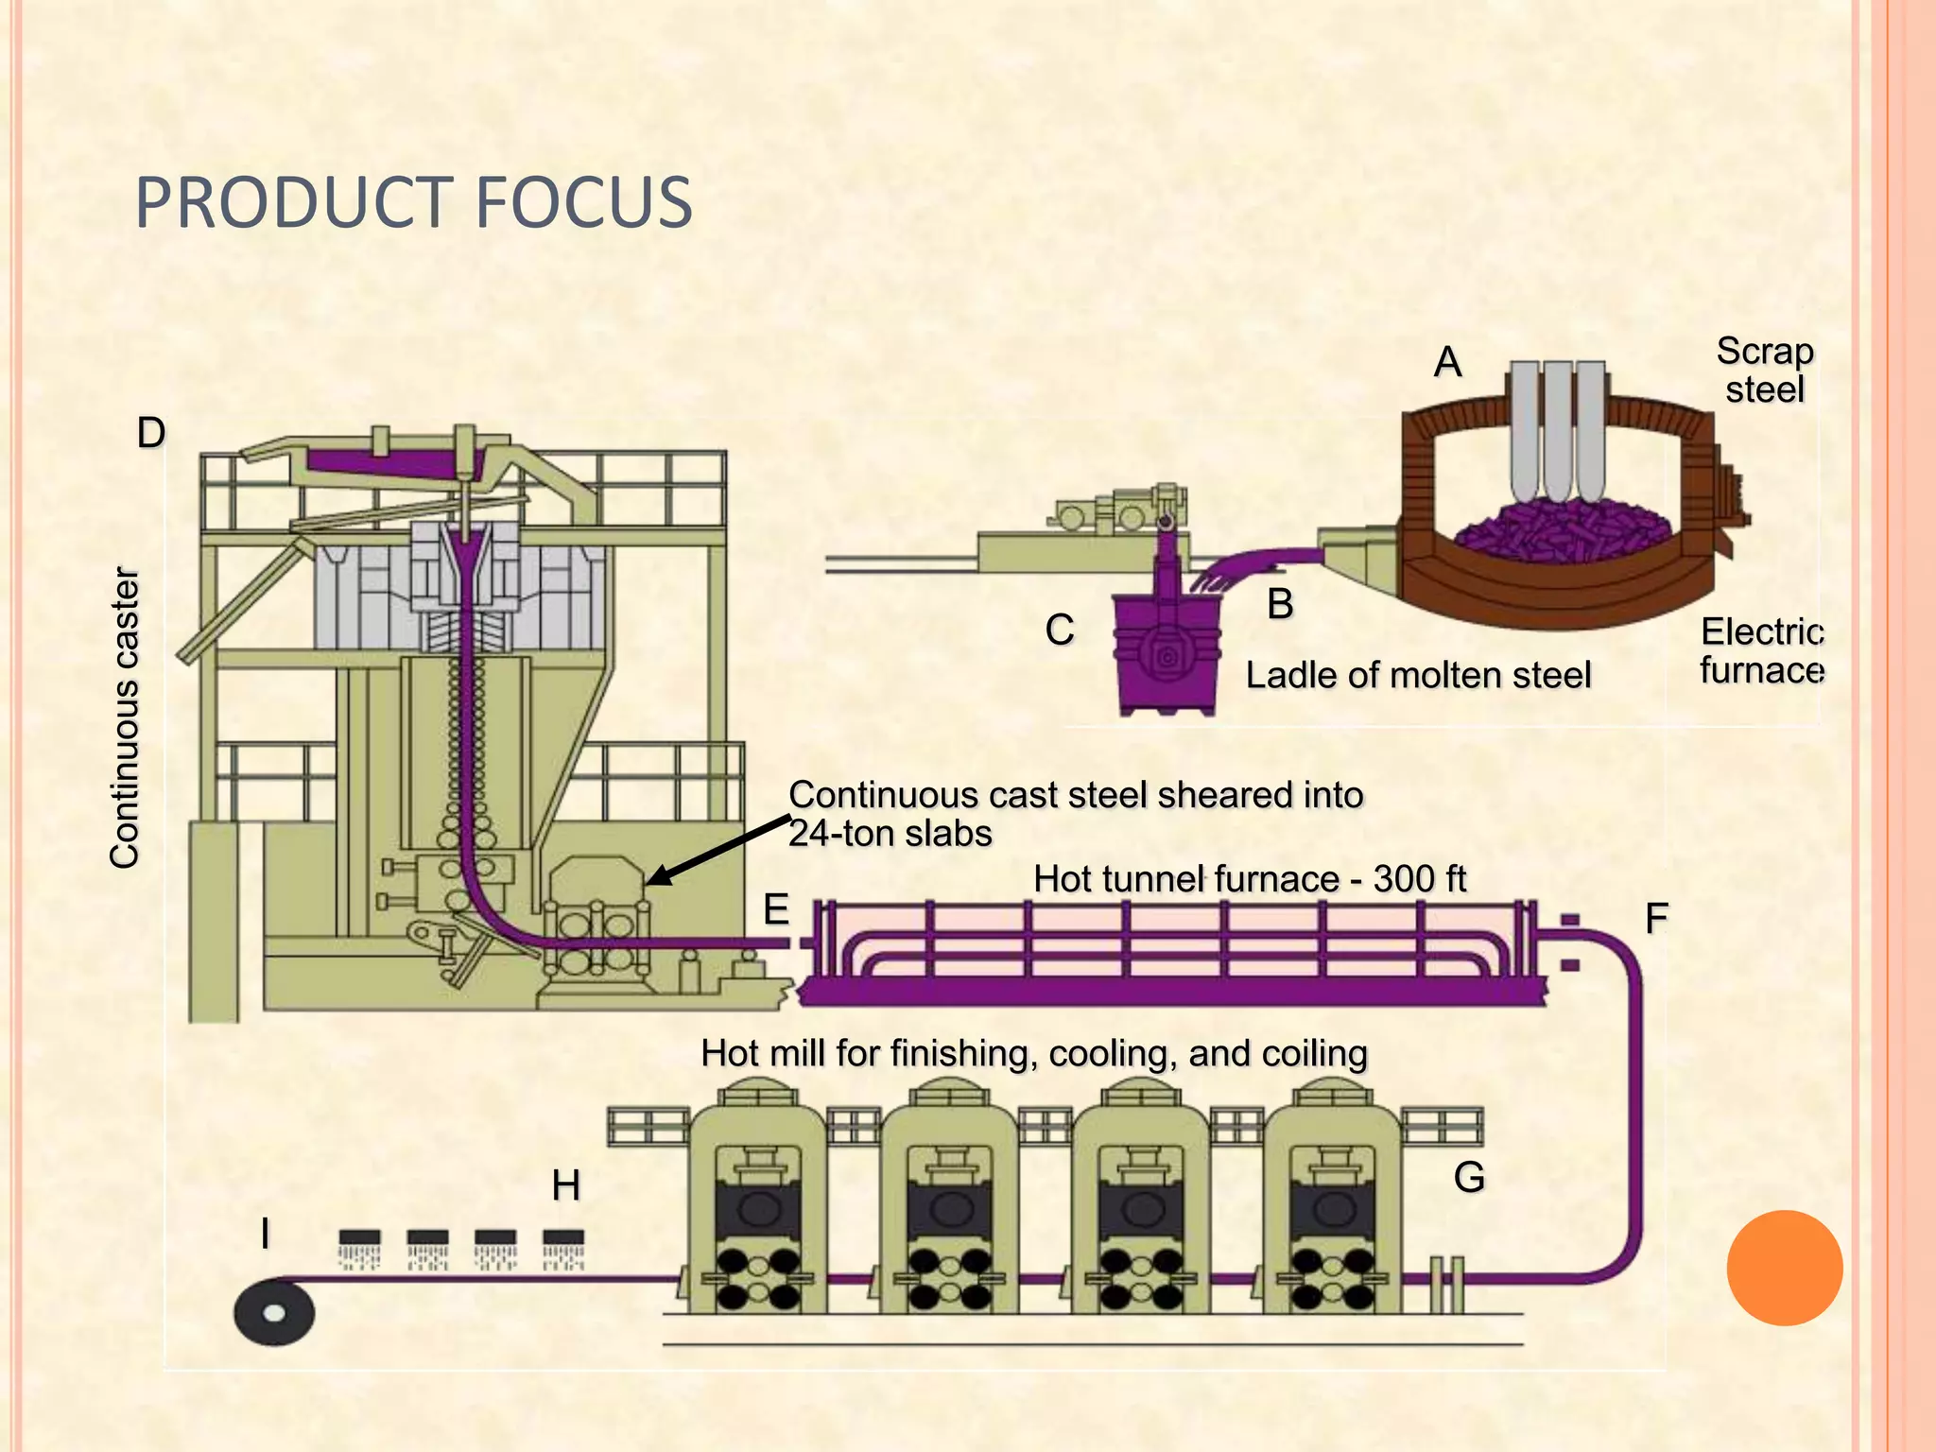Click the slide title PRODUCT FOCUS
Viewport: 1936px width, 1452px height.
(x=414, y=202)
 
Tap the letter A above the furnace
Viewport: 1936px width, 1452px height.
(x=1447, y=362)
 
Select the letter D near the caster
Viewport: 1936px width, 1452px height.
(x=151, y=433)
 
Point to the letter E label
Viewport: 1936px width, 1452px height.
(x=776, y=909)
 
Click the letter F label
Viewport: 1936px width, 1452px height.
(x=1656, y=918)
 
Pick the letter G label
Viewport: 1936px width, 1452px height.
(x=1469, y=1177)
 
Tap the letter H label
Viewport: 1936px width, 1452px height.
(x=565, y=1185)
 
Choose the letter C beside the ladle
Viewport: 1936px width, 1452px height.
(x=1060, y=630)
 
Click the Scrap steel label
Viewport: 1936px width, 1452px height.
(x=1765, y=370)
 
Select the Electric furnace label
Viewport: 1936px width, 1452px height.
(x=1761, y=650)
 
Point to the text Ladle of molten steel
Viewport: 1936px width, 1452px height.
(x=1418, y=675)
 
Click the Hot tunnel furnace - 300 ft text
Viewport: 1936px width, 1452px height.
(x=1249, y=879)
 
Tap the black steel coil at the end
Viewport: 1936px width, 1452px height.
(x=274, y=1312)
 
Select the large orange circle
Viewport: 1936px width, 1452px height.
(x=1784, y=1268)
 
